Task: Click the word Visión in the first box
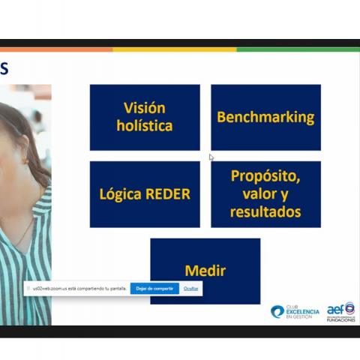(145, 108)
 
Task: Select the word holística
(145, 126)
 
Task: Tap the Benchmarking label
(265, 117)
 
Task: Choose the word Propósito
(265, 176)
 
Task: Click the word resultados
(265, 211)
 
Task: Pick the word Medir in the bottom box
(205, 271)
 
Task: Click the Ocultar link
(191, 288)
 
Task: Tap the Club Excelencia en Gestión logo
(295, 311)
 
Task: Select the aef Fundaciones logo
(340, 310)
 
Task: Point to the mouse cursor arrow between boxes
(211, 157)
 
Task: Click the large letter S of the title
(4, 69)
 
